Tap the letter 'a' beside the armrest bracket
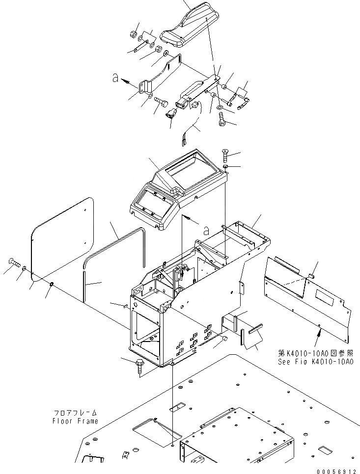(x=115, y=79)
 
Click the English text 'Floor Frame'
(x=76, y=421)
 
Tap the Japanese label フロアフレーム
(x=76, y=414)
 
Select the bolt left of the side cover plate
(x=13, y=264)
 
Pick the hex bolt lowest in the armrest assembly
(x=221, y=119)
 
